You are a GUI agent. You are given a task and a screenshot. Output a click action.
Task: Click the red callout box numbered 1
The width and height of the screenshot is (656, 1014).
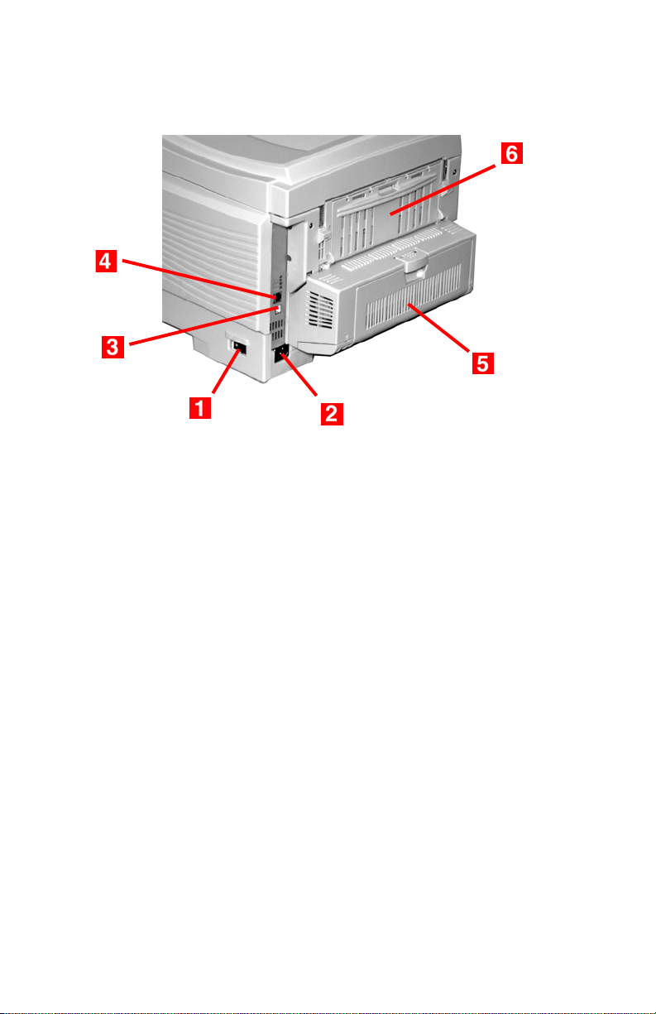[199, 407]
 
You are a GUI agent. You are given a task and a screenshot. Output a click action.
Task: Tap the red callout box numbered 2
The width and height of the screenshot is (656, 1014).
[332, 414]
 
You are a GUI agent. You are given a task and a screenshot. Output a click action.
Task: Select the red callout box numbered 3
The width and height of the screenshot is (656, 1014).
[113, 347]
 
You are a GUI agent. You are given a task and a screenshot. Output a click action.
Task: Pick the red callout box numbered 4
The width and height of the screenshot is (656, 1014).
[106, 262]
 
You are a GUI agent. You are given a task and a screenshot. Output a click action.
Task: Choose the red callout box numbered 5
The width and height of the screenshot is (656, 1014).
[483, 363]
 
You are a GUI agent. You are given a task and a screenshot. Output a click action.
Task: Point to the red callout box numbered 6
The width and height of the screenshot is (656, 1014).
[512, 153]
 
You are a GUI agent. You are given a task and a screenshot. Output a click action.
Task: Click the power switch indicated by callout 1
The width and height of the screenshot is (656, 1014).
[239, 348]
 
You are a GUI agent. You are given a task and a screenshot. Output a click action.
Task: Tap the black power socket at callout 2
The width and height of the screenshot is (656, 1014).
[281, 353]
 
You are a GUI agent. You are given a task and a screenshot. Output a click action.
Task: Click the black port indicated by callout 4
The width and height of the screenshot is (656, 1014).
[278, 297]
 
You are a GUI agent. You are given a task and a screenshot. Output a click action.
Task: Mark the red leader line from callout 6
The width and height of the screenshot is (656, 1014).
[443, 190]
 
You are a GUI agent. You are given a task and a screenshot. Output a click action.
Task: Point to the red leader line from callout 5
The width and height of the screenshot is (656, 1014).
[438, 328]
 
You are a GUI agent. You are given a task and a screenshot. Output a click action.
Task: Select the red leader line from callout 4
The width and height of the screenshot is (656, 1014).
[199, 278]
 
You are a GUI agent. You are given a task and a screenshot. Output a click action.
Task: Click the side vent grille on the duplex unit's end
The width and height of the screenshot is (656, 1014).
[320, 309]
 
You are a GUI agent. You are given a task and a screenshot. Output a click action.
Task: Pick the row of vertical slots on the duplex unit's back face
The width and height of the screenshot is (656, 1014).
[413, 296]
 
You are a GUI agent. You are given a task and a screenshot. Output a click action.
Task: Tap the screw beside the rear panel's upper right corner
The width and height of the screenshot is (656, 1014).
[454, 173]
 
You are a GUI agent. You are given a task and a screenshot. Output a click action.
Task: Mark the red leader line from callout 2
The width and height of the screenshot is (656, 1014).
[299, 375]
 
